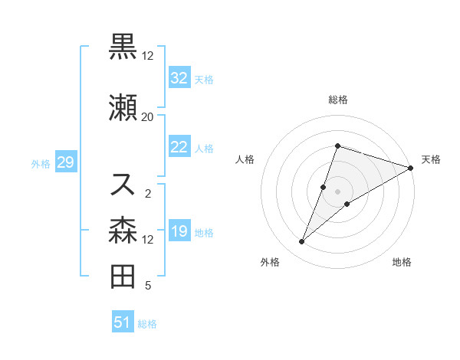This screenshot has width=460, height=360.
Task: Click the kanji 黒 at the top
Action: click(x=123, y=47)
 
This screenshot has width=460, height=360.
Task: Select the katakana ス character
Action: click(x=123, y=185)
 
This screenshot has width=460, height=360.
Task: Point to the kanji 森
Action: click(x=123, y=231)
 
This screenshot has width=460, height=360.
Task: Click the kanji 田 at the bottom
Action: click(x=123, y=277)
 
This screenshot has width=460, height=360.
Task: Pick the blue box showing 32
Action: click(x=179, y=78)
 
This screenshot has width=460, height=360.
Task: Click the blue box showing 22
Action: click(x=179, y=148)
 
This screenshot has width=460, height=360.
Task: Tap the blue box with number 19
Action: click(x=179, y=232)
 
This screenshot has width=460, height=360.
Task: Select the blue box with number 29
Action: click(x=65, y=163)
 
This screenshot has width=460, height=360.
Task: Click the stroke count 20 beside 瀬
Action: click(x=147, y=116)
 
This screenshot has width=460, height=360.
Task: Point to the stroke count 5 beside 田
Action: click(x=147, y=286)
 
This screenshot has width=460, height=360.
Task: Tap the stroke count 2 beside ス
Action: click(x=147, y=193)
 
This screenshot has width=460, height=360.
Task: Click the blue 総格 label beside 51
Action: click(x=147, y=324)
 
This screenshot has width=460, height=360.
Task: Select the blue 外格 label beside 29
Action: click(x=41, y=164)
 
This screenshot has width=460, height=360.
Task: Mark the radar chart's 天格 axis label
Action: click(x=431, y=159)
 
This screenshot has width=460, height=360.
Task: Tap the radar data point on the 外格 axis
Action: click(x=302, y=242)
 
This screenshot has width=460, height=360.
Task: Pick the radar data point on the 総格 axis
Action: click(x=337, y=146)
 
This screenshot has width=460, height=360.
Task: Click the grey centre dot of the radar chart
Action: click(x=337, y=191)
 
